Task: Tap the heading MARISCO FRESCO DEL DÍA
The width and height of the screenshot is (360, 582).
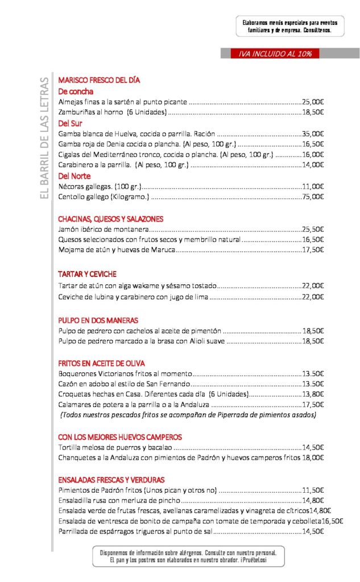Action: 99,80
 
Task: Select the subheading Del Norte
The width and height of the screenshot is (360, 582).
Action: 75,176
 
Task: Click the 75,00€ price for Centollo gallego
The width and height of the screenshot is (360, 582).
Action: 313,197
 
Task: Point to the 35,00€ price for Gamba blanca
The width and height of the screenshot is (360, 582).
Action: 313,134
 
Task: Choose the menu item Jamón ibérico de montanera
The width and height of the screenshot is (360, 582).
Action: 104,230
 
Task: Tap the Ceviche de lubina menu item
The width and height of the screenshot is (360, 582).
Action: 134,297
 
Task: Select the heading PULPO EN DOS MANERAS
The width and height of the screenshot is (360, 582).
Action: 98,320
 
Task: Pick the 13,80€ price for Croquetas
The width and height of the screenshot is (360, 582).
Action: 313,394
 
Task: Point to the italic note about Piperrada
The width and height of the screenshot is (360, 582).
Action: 188,415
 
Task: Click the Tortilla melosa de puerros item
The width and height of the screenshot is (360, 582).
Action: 115,447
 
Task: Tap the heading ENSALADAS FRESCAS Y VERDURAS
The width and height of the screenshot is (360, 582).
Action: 111,479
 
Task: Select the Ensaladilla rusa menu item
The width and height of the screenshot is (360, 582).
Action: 119,500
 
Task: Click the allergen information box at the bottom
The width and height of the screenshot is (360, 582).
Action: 188,556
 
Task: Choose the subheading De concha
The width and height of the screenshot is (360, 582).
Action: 76,91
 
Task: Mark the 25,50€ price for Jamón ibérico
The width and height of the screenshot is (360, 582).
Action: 313,230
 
